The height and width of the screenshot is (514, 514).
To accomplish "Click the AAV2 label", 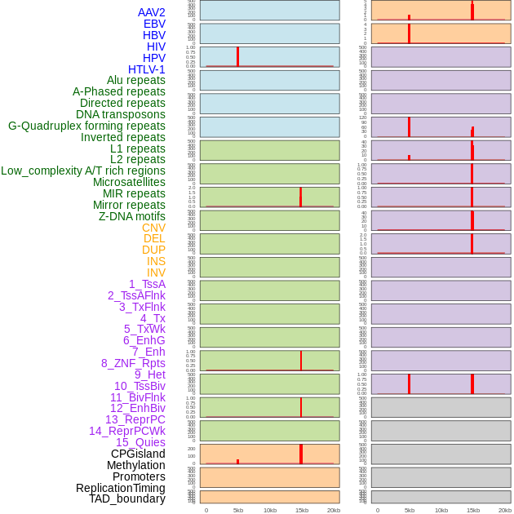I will pyautogui.click(x=152, y=12).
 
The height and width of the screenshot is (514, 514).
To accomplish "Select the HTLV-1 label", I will pyautogui.click(x=147, y=69).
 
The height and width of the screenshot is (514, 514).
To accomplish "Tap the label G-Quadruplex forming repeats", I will pyautogui.click(x=86, y=126).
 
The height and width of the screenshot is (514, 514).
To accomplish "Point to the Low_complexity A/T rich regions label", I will pyautogui.click(x=83, y=171).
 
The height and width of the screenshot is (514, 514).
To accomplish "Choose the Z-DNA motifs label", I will pyautogui.click(x=132, y=216).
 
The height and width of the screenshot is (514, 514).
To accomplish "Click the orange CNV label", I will pyautogui.click(x=153, y=228).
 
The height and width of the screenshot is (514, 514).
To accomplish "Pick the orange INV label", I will pyautogui.click(x=156, y=273).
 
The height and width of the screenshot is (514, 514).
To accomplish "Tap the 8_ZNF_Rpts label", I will pyautogui.click(x=133, y=363).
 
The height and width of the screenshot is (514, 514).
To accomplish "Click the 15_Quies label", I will pyautogui.click(x=140, y=442).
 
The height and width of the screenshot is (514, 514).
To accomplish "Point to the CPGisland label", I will pyautogui.click(x=138, y=454).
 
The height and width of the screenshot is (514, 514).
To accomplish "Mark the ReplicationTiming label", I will pyautogui.click(x=121, y=488).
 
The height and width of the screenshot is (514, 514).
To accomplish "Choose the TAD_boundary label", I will pyautogui.click(x=127, y=498).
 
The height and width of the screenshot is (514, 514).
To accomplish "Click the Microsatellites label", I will pyautogui.click(x=129, y=182).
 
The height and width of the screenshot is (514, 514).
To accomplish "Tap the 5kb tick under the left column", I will pyautogui.click(x=238, y=510).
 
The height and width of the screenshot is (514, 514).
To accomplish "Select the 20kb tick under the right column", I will pyautogui.click(x=505, y=510).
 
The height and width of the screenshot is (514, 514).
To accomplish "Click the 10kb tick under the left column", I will pyautogui.click(x=270, y=510).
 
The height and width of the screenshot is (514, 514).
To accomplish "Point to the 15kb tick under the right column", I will pyautogui.click(x=473, y=510).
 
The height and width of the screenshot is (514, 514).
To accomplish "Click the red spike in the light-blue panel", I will pyautogui.click(x=237, y=56).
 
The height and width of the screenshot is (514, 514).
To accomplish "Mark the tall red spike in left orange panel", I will pyautogui.click(x=301, y=454).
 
